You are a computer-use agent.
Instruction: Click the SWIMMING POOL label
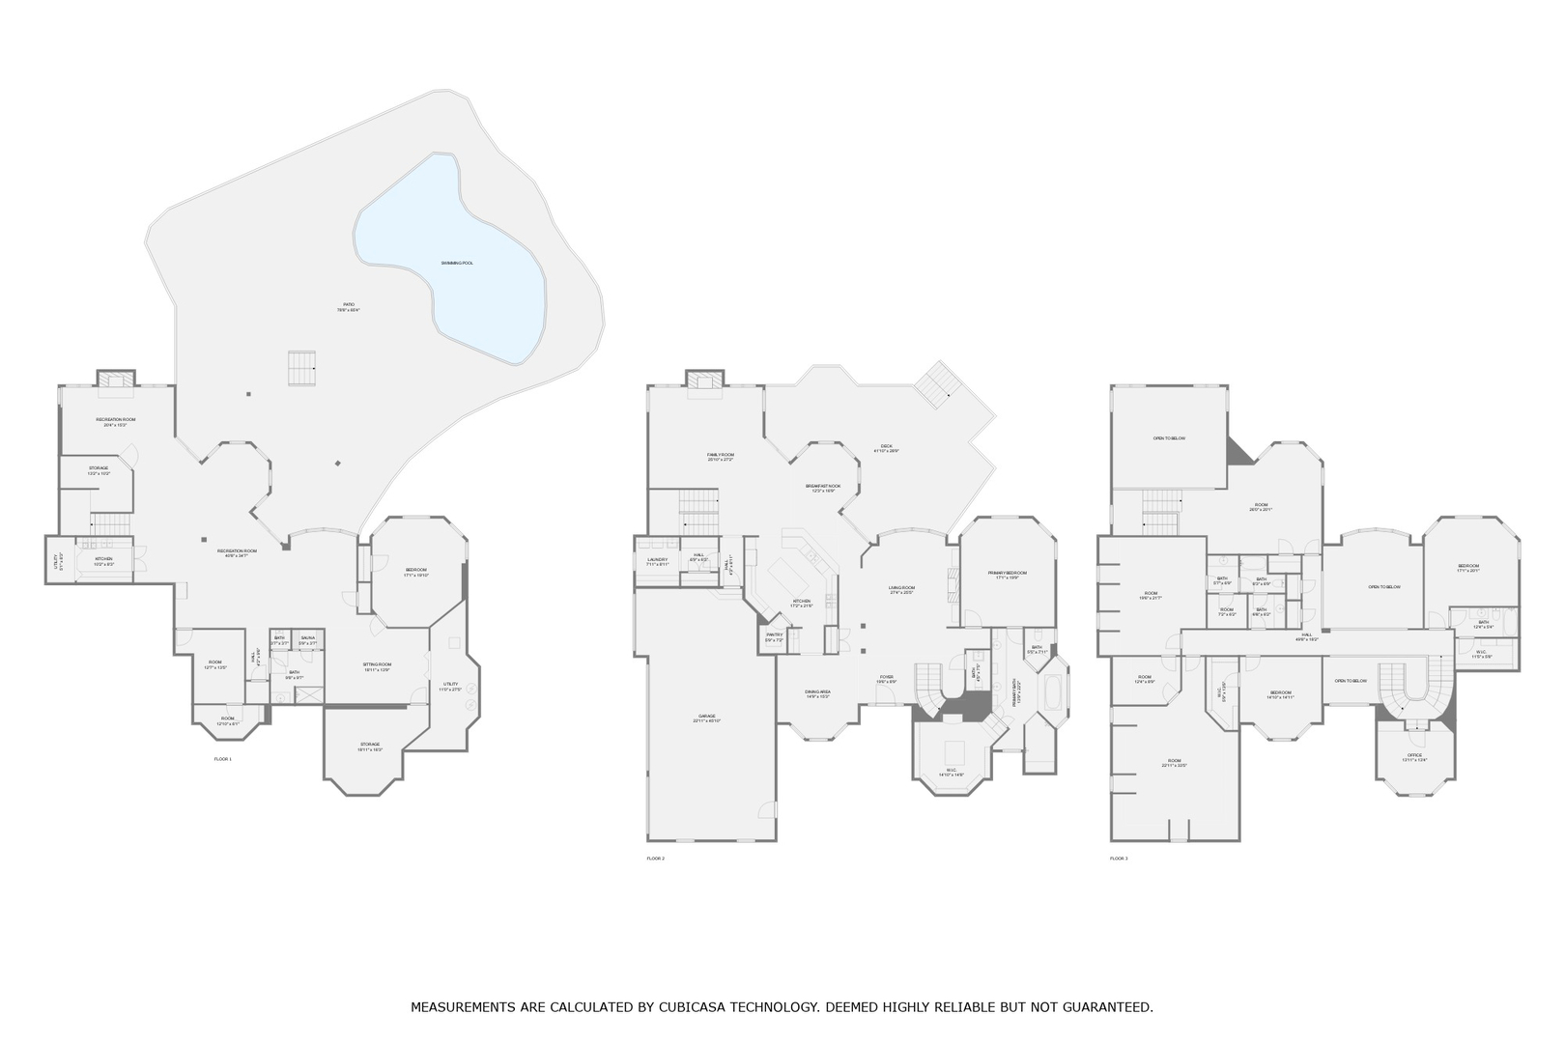click(457, 263)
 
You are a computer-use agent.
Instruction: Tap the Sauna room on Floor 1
click(307, 640)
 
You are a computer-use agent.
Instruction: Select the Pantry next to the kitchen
click(774, 636)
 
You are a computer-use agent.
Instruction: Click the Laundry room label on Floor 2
click(658, 561)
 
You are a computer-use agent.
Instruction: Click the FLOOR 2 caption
click(656, 858)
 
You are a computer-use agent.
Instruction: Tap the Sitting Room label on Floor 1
click(377, 666)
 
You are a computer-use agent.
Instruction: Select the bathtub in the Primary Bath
click(1051, 691)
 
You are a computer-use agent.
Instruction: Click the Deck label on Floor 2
click(886, 448)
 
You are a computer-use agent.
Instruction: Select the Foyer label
click(886, 678)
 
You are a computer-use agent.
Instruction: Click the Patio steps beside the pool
click(301, 368)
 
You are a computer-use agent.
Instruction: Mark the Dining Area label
click(817, 693)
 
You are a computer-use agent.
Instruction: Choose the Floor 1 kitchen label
click(103, 560)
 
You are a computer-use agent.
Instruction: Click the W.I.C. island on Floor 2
click(954, 751)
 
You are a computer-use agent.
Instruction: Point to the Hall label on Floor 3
click(1305, 636)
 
